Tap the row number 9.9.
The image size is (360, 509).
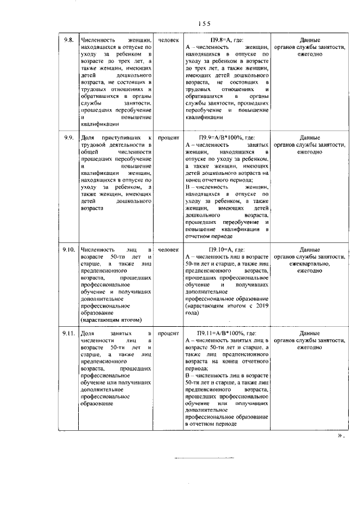(x=69, y=138)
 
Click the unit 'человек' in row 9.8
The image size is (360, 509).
(x=168, y=41)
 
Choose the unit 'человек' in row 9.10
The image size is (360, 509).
(x=168, y=249)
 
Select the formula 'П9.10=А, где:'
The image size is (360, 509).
(x=226, y=249)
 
